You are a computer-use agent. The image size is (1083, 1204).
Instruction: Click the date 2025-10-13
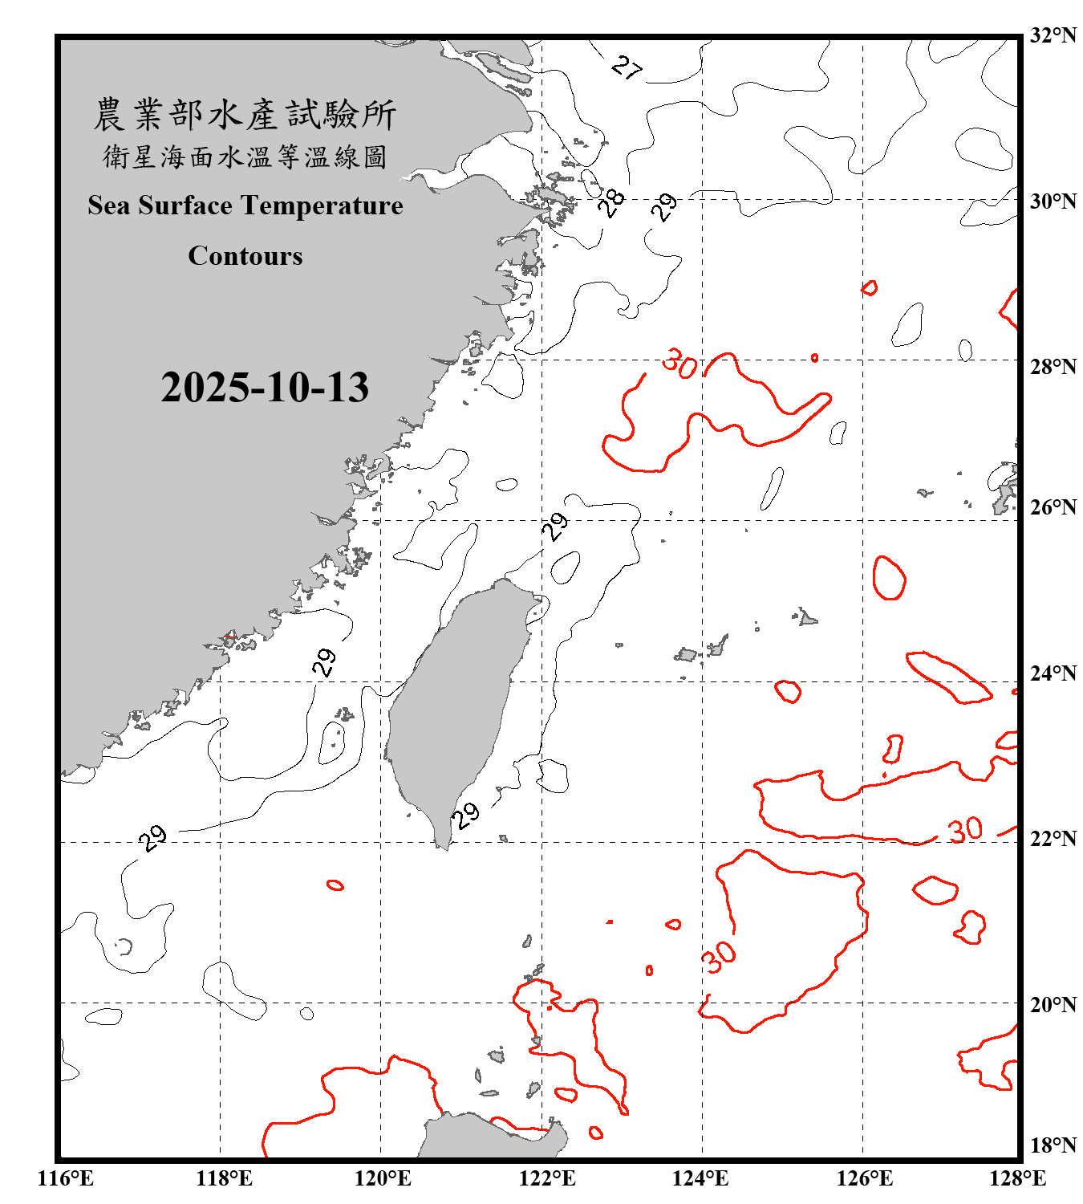(265, 387)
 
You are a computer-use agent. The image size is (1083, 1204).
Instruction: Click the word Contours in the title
(245, 255)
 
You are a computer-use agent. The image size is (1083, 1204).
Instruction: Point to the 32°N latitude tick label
(1053, 35)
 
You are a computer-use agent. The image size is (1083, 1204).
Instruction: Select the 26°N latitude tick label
(1053, 507)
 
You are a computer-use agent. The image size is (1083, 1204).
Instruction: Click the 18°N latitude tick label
(1053, 1145)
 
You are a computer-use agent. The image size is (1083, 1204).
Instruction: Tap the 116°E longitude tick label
(66, 1178)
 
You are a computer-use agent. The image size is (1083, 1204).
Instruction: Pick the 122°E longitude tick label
(547, 1178)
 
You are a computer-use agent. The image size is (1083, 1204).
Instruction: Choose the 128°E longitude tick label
(1017, 1178)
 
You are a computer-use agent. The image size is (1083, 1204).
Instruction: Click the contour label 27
(627, 67)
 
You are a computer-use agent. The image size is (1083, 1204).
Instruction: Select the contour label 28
(612, 202)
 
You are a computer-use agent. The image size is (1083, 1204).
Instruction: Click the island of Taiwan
(453, 706)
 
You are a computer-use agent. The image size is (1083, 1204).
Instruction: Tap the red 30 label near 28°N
(679, 364)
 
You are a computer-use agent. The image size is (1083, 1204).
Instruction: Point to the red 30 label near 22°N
(965, 829)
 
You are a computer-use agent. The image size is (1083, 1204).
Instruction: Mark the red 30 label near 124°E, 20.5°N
(718, 956)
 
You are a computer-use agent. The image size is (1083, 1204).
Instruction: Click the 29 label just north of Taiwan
(555, 527)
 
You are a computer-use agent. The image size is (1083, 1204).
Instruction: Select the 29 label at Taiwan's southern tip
(465, 816)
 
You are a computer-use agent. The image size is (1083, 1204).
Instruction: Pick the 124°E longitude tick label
(700, 1178)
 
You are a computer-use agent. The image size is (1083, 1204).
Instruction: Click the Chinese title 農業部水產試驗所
(245, 115)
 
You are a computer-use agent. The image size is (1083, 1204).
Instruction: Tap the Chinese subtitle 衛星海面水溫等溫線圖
(245, 157)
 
